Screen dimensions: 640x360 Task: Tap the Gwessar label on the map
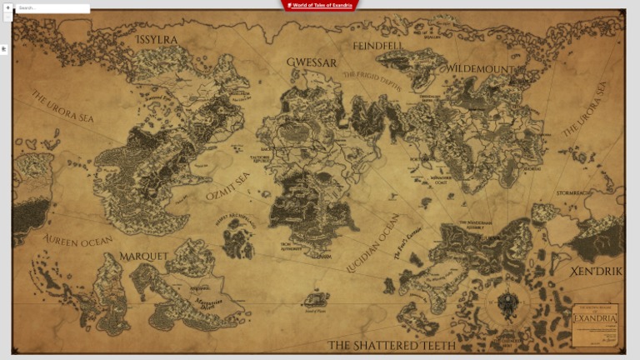[x=312, y=62]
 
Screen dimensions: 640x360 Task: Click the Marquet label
[x=144, y=255]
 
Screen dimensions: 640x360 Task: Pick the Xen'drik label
[x=595, y=272]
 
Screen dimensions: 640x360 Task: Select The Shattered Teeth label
[x=392, y=345]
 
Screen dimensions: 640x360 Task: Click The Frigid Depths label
[x=372, y=80]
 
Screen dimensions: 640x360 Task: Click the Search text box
[x=52, y=8]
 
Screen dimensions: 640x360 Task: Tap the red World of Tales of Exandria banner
[x=321, y=5]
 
